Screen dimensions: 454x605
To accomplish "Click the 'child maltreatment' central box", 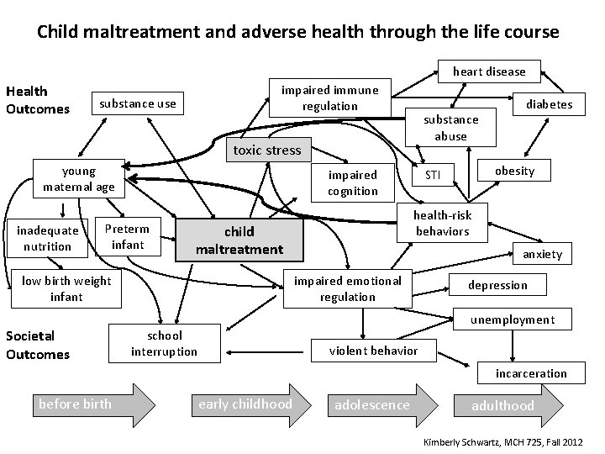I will click(239, 240).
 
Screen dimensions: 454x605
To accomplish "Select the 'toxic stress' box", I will click(266, 150).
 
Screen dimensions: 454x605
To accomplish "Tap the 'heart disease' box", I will click(489, 71).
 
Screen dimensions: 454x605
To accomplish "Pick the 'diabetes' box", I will click(550, 104).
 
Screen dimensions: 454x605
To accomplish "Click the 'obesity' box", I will click(514, 171).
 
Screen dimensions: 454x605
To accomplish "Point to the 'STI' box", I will click(432, 175).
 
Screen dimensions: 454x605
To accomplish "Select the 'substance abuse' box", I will click(450, 128).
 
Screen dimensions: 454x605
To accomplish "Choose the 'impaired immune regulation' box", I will click(329, 98).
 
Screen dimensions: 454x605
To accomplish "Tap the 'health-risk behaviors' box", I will click(443, 223).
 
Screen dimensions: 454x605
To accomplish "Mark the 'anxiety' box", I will click(542, 254).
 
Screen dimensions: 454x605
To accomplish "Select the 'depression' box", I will click(497, 285).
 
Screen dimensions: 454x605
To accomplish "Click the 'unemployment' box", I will click(512, 319).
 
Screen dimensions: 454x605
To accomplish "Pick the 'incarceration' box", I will click(530, 373).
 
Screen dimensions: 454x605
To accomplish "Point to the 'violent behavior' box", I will click(372, 350).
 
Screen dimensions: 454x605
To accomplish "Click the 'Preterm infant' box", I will click(128, 236).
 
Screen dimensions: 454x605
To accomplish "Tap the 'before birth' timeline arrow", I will click(84, 404).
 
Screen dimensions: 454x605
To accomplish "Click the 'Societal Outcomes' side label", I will click(37, 345).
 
